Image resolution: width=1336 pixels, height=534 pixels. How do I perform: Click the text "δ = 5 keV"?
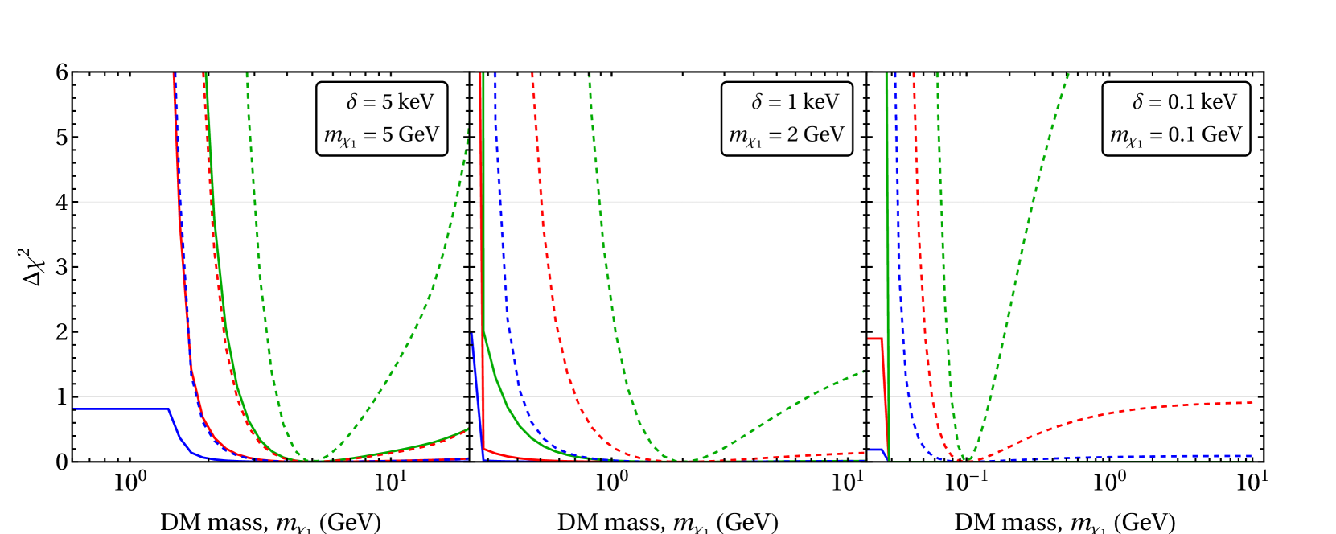tap(390, 102)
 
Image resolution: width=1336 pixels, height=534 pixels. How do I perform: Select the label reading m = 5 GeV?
tap(382, 135)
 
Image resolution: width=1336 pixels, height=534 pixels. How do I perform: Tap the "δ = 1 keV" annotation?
tap(795, 102)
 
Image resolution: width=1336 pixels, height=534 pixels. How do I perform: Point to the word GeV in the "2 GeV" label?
tap(824, 134)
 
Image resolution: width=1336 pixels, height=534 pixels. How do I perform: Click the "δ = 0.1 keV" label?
tap(1184, 102)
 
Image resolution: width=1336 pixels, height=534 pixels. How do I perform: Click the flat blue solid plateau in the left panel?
tap(121, 409)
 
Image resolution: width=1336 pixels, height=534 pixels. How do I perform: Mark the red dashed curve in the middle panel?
tap(555, 281)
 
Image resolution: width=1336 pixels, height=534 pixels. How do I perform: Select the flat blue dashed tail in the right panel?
tap(1166, 457)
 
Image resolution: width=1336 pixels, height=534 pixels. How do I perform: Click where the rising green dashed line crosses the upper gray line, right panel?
tap(1034, 201)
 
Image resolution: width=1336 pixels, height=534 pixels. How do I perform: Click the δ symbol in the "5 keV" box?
tap(351, 102)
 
